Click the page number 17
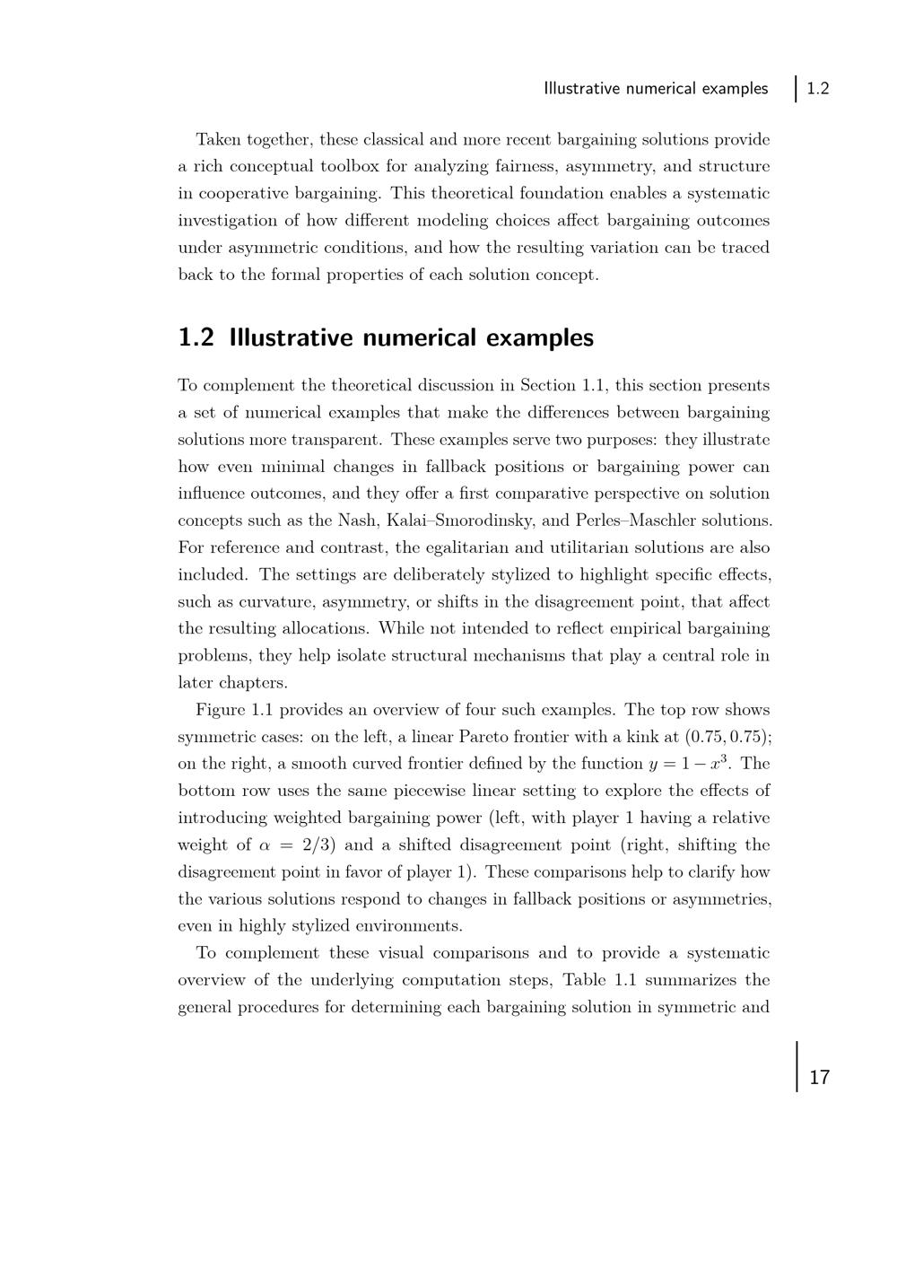pyautogui.click(x=819, y=1077)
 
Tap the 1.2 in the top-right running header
pyautogui.click(x=817, y=88)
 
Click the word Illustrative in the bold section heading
pyautogui.click(x=292, y=337)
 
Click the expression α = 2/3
pyautogui.click(x=292, y=845)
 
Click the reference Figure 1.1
pyautogui.click(x=234, y=710)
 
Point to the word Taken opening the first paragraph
pyautogui.click(x=219, y=139)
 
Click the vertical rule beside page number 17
pyautogui.click(x=797, y=1066)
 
